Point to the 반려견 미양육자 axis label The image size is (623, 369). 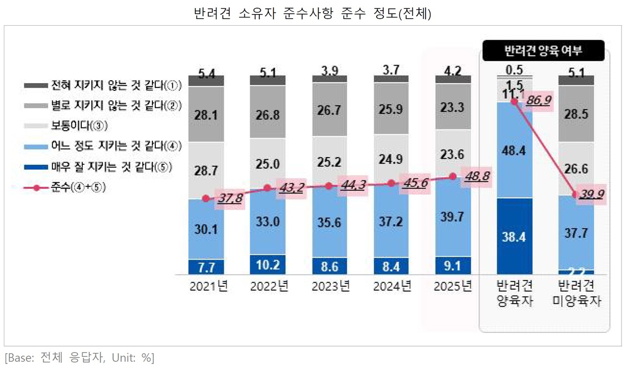(x=577, y=293)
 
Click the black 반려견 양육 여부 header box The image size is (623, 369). (x=543, y=51)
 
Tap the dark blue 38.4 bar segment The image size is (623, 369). (x=515, y=237)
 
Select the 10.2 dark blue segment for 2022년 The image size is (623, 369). (x=268, y=264)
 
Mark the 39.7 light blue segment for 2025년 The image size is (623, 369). (x=454, y=216)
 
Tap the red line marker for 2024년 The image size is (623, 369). (x=391, y=183)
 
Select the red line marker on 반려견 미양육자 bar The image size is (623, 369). (x=576, y=194)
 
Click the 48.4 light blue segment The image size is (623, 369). (x=515, y=150)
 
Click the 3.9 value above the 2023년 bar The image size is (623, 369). (x=330, y=71)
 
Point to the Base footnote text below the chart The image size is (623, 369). (x=79, y=358)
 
